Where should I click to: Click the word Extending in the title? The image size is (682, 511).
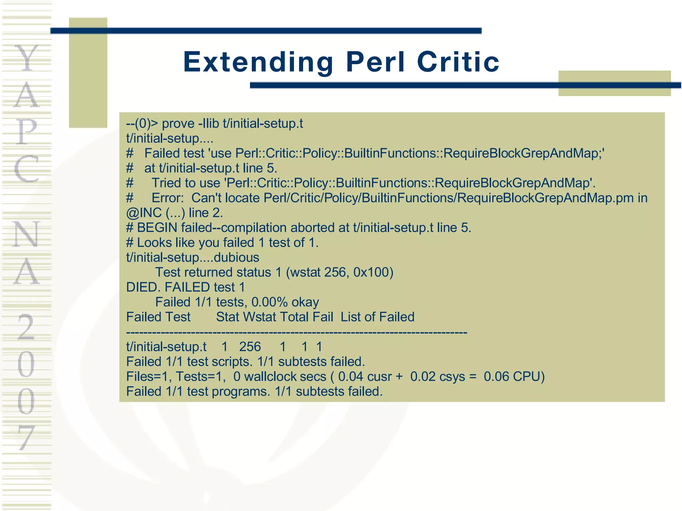tap(258, 62)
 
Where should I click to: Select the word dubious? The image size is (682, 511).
tap(236, 257)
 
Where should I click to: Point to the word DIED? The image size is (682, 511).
tap(143, 287)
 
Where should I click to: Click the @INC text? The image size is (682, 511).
tap(144, 213)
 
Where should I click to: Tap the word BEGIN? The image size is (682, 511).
tap(157, 228)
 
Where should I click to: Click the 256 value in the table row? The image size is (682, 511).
tap(250, 347)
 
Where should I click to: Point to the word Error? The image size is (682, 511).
tap(168, 198)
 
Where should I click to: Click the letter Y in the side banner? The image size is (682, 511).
tap(27, 58)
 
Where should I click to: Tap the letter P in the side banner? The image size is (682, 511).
tap(27, 131)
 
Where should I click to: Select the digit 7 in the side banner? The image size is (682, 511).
tap(27, 437)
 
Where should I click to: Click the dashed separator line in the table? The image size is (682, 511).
tap(296, 332)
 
